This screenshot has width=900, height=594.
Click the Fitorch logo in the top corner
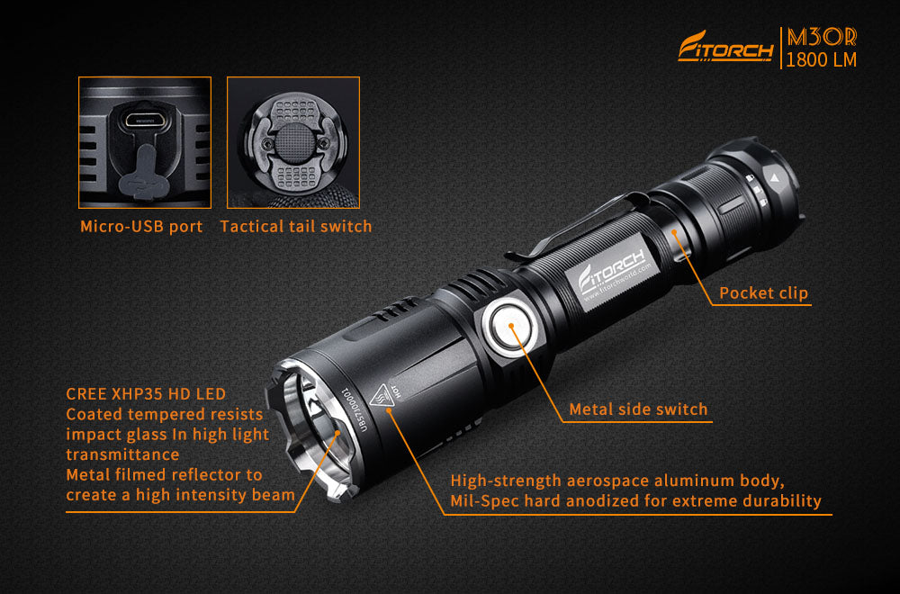[725, 46]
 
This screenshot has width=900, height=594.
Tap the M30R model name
[822, 37]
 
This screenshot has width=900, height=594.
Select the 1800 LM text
[821, 59]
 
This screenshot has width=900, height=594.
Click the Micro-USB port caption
[141, 227]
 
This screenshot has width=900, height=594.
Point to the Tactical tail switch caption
[296, 227]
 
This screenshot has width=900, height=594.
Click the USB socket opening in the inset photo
[144, 120]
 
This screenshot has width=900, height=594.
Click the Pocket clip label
[763, 293]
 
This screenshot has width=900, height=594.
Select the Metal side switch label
[638, 409]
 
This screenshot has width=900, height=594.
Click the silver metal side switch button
[510, 327]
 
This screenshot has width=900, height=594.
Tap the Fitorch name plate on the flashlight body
[612, 273]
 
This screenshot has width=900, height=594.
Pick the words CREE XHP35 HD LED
[146, 394]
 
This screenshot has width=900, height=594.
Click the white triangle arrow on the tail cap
[775, 178]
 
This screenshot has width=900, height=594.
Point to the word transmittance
[122, 454]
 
